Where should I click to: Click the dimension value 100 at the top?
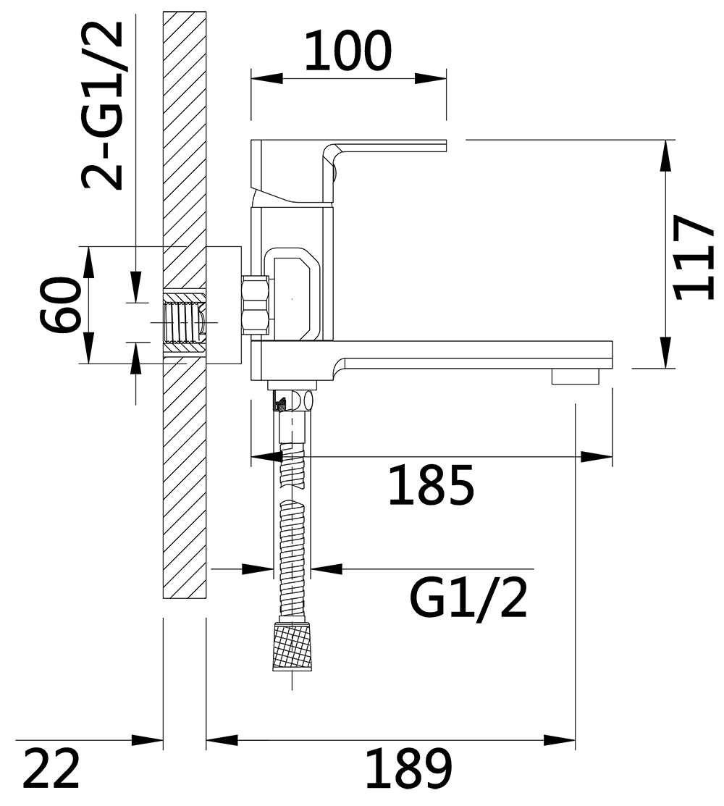[348, 51]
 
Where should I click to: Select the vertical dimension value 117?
[693, 258]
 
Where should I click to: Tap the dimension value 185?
[431, 485]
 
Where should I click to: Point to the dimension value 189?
[409, 769]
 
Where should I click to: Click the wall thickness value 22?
[51, 769]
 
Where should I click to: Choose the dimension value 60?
[61, 304]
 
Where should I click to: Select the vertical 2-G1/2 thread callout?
[102, 106]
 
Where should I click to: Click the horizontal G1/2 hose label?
[468, 599]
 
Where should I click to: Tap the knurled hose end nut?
[292, 646]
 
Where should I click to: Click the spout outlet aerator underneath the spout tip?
[576, 377]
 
